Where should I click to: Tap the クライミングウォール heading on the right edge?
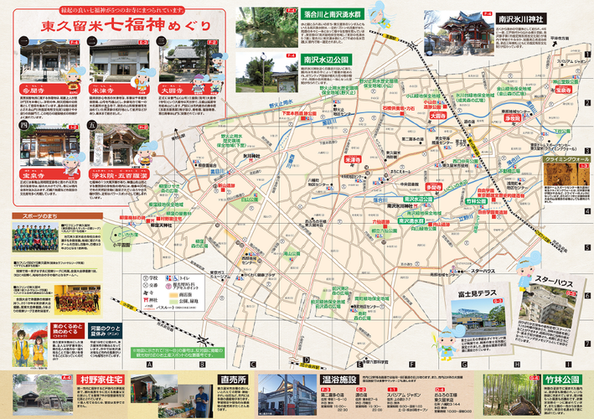click(569, 158)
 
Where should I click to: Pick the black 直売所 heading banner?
click(230, 379)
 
